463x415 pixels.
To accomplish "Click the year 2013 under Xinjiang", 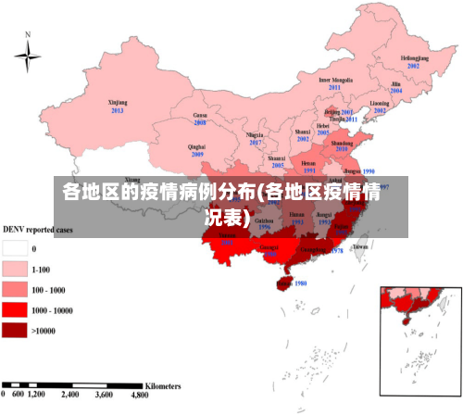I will click(x=118, y=110).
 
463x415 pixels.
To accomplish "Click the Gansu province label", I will click(x=199, y=115).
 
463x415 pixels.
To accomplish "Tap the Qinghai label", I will click(x=196, y=146).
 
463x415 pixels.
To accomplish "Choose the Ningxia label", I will click(x=256, y=135).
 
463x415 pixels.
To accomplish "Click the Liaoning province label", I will click(x=380, y=103).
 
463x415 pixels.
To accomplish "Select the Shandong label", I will click(x=342, y=144).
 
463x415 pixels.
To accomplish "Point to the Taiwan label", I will click(x=360, y=246).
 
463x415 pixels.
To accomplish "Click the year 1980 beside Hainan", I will click(x=299, y=283).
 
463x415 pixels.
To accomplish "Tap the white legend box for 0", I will click(x=15, y=248).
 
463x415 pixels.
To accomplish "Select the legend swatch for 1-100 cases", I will click(x=15, y=269).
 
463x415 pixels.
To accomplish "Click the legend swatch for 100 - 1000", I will click(x=15, y=289).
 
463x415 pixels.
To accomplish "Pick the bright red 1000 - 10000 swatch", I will click(x=15, y=309).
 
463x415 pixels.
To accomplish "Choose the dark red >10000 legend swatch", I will click(x=15, y=330).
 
